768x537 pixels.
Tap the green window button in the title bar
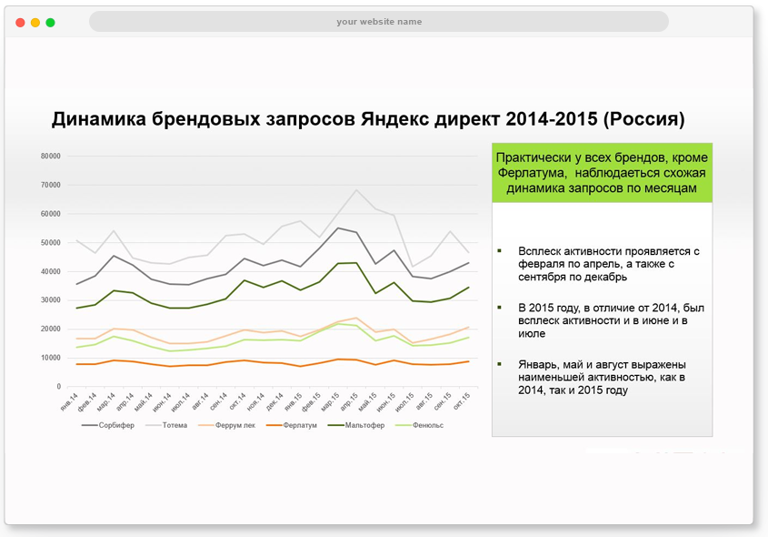[x=50, y=22]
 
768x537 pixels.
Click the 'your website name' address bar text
[x=379, y=22]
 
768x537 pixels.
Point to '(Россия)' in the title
[x=643, y=119]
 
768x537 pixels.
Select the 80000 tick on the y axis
[x=51, y=156]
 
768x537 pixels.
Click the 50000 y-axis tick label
[x=51, y=242]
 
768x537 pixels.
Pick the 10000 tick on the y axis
[x=51, y=358]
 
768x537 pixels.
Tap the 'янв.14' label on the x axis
[x=69, y=402]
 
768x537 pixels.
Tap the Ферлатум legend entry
[x=299, y=425]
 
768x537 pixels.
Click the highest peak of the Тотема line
[x=357, y=190]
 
